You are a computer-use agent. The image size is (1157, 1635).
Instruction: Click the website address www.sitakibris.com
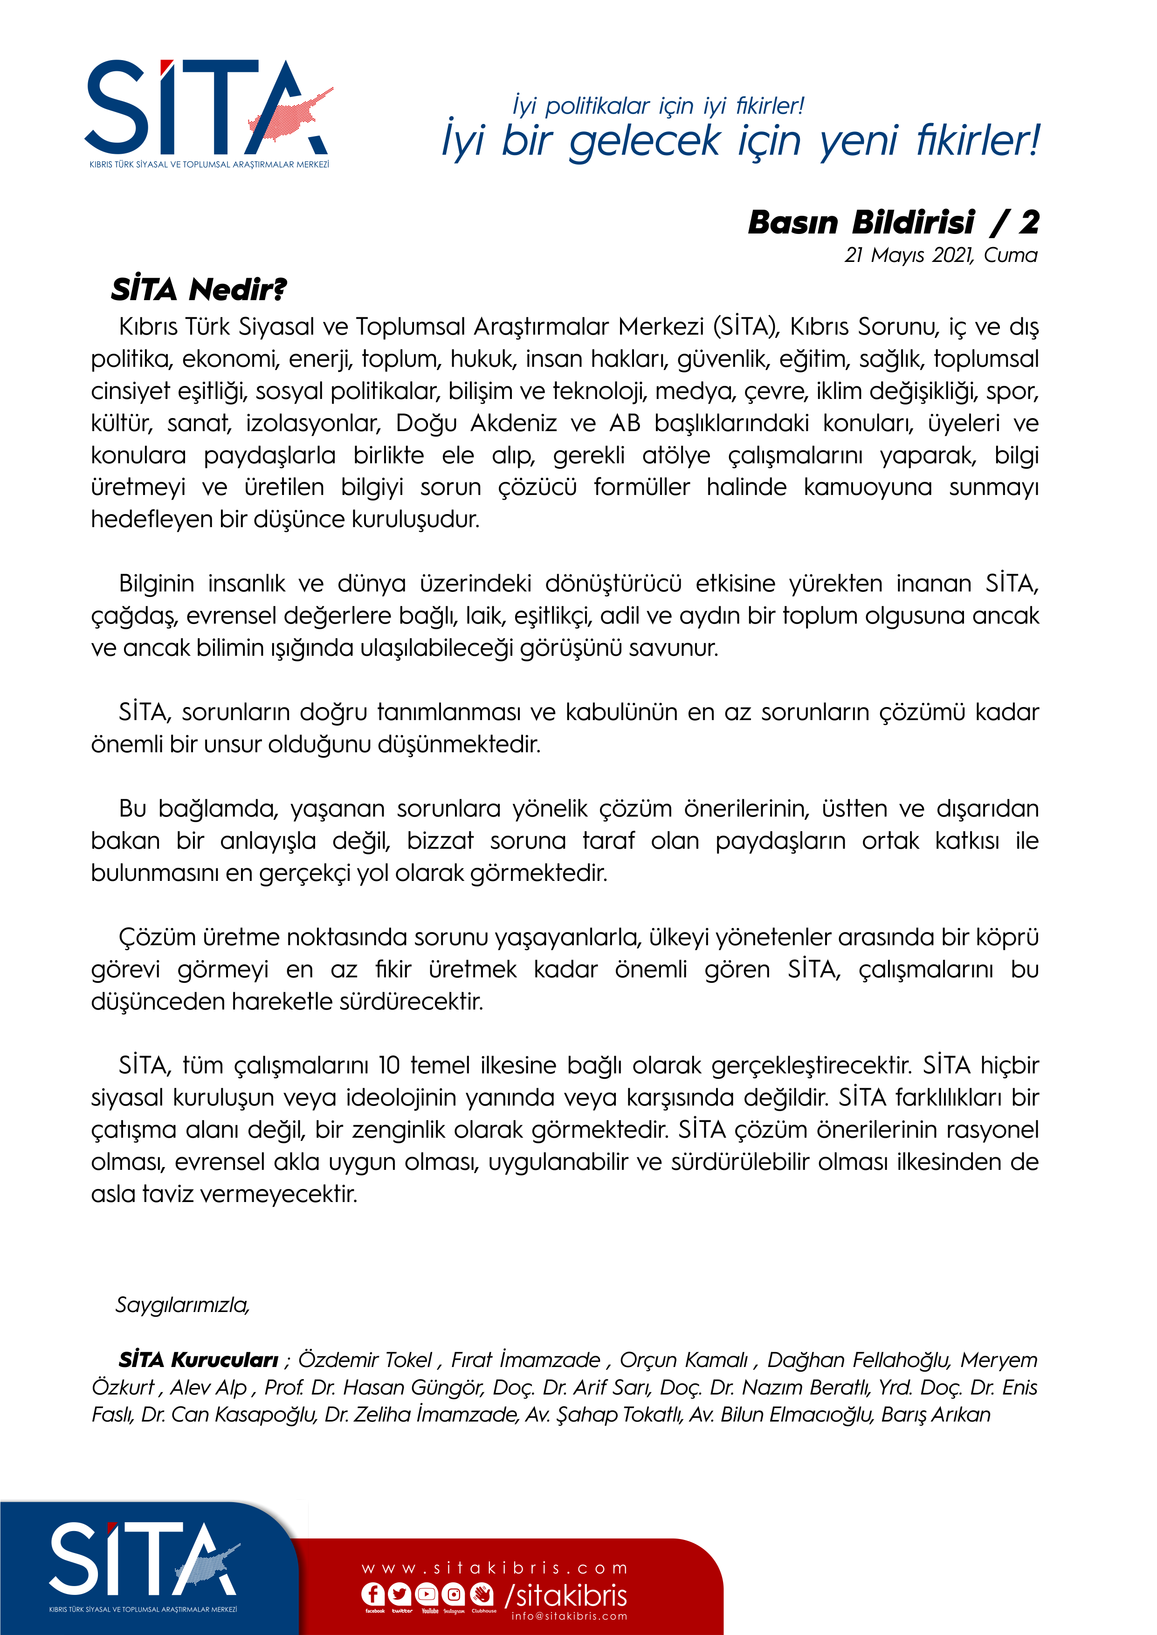point(495,1568)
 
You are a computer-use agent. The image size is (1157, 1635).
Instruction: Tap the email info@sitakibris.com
point(569,1616)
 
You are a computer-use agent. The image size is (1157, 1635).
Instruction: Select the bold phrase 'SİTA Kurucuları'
point(198,1360)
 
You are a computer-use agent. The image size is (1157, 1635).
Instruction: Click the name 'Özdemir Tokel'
point(365,1360)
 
